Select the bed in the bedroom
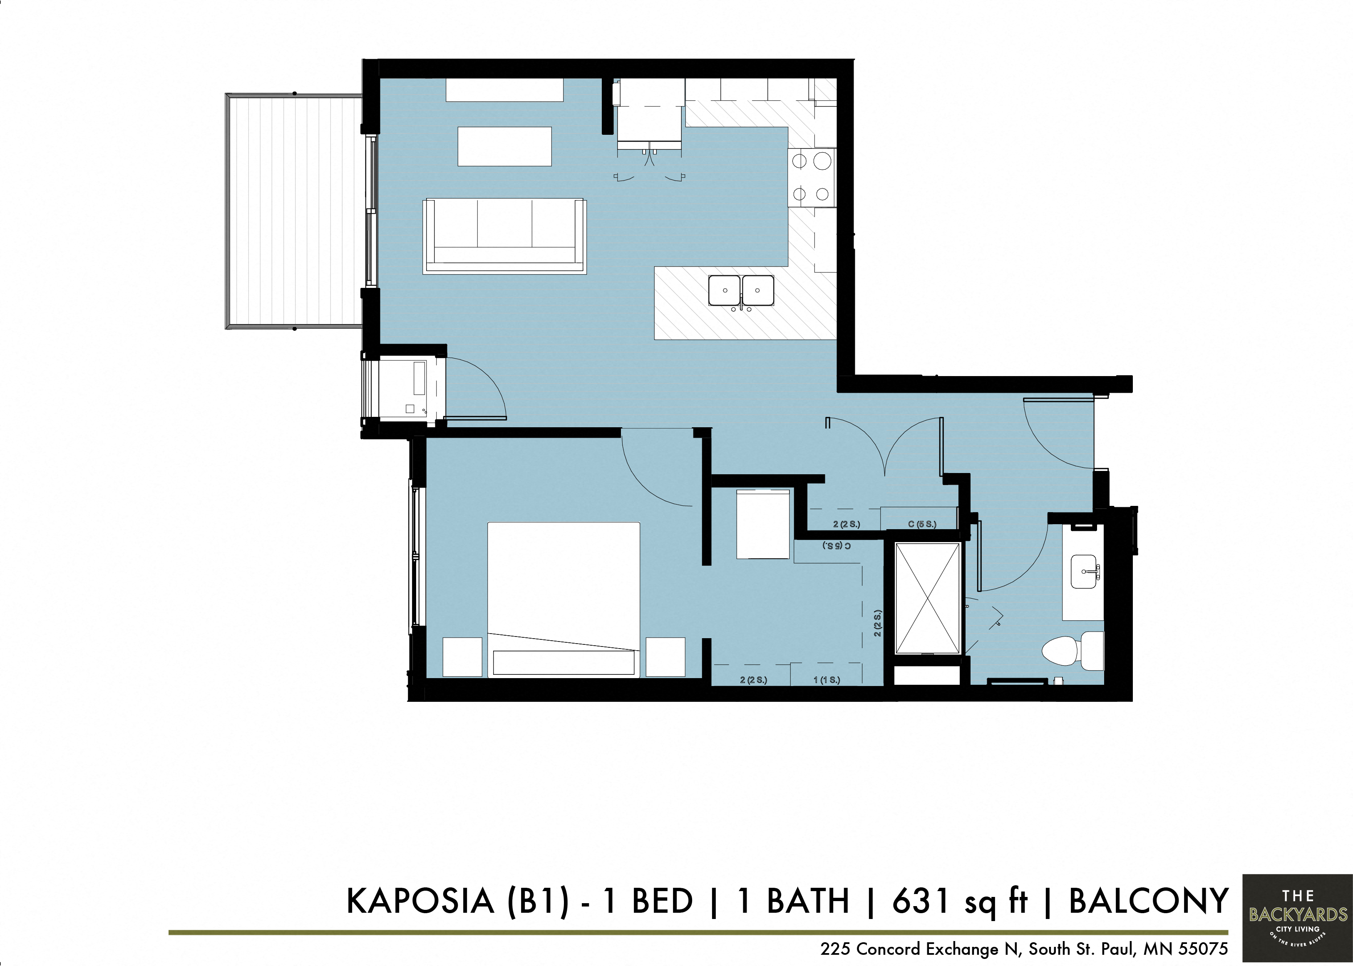[564, 599]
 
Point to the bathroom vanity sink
[1084, 572]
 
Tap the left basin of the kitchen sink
[725, 290]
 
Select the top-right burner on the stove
[822, 161]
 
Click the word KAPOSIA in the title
[420, 901]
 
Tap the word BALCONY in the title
[1148, 901]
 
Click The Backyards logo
[1298, 919]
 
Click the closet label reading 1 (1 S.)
[827, 680]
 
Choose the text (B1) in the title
[537, 901]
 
